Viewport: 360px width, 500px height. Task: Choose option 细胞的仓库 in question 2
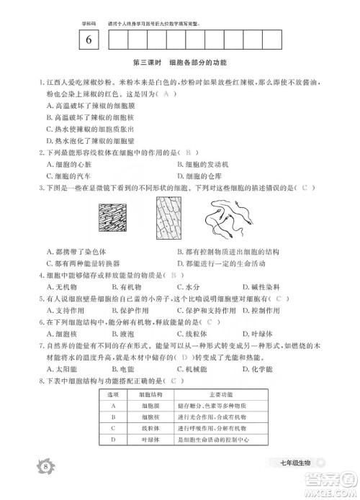pyautogui.click(x=202, y=174)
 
